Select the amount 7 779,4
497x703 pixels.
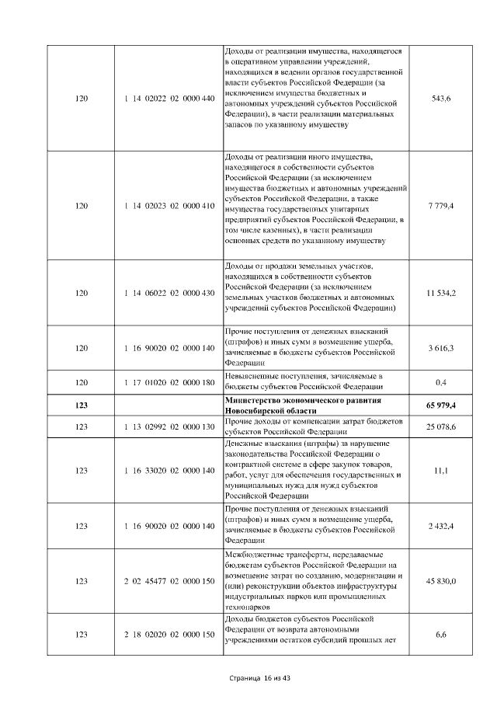click(441, 205)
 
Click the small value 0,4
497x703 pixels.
click(441, 382)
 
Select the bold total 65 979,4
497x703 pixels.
click(441, 405)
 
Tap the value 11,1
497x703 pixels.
click(441, 471)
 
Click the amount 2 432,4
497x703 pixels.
click(441, 527)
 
